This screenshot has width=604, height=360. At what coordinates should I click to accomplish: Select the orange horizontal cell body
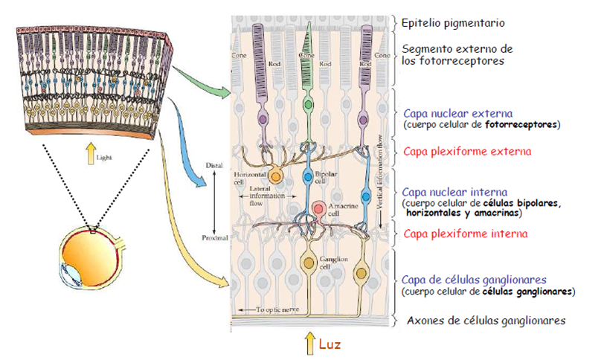276,176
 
